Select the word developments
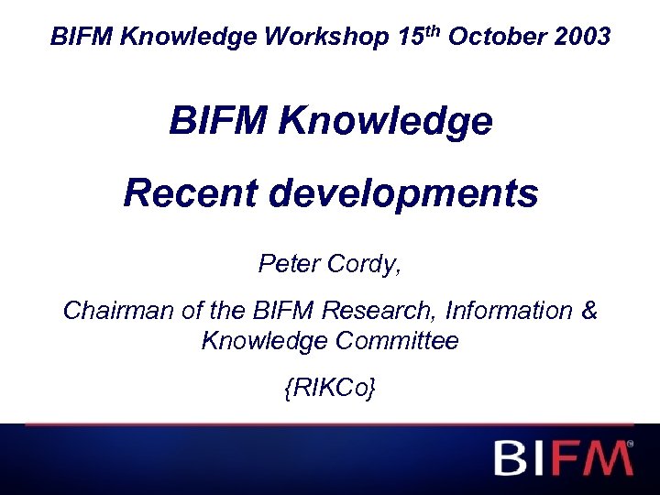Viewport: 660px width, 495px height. [x=406, y=193]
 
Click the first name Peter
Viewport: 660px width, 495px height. [x=286, y=264]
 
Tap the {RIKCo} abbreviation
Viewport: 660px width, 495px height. [x=329, y=389]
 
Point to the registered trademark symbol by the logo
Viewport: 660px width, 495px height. [x=629, y=444]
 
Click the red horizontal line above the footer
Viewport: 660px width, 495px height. [x=330, y=424]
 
